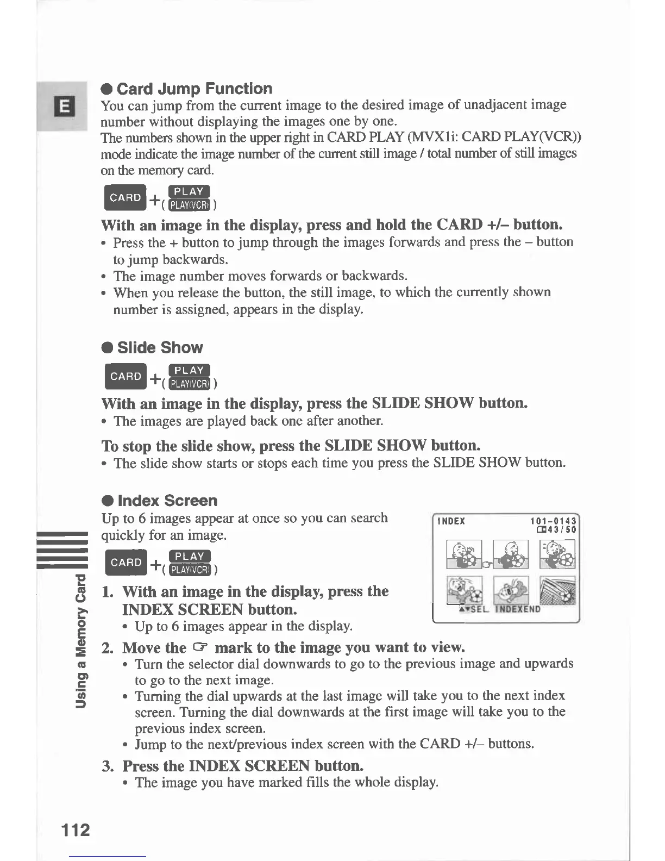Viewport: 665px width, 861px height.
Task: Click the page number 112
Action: (76, 830)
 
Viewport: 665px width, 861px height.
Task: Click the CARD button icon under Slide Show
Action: (126, 376)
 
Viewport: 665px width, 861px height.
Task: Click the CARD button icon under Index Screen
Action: (126, 562)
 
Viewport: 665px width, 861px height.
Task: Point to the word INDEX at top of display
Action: (451, 521)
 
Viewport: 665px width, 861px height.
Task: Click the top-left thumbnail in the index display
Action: (464, 554)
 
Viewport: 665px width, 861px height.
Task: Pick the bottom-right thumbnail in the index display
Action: (557, 591)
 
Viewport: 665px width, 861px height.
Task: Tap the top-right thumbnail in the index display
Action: (557, 554)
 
